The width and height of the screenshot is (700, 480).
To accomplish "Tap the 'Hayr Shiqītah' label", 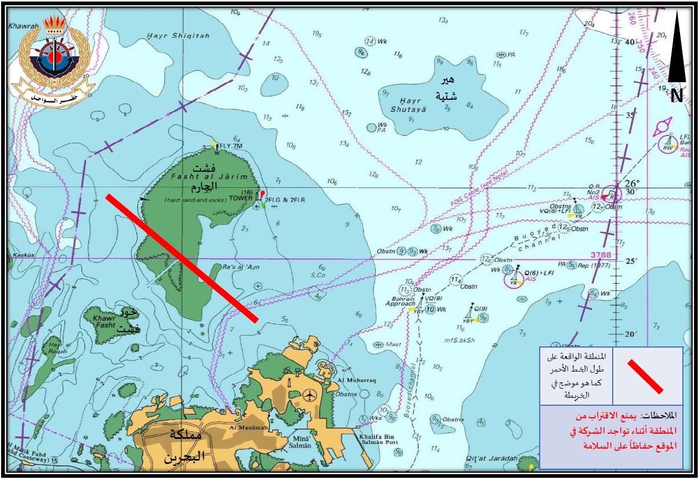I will coord(178,36).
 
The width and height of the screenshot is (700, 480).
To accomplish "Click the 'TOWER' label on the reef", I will coord(240,198).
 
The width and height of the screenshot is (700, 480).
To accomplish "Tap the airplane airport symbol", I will coord(309,394).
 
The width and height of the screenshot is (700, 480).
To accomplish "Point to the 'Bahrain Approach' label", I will coord(400,301).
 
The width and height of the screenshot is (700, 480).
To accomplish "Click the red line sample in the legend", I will coord(645,376).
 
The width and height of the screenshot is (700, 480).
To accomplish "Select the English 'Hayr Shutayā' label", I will coord(408,105).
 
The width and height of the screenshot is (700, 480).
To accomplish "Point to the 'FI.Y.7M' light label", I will coord(232,146).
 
